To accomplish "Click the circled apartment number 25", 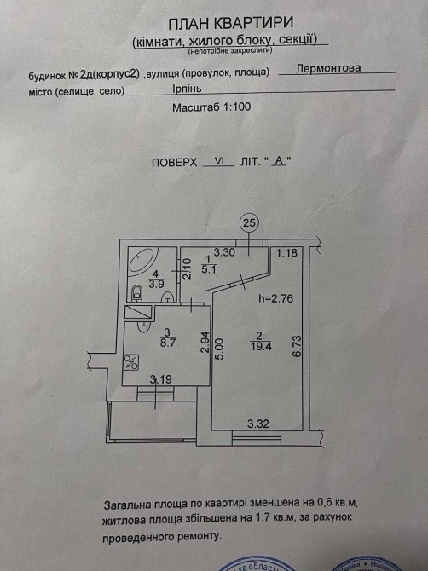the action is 249,222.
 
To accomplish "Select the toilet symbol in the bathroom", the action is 137,293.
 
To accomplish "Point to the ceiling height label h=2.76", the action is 275,298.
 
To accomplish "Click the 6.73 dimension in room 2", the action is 297,346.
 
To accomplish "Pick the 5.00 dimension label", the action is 220,349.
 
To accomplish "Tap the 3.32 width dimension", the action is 258,424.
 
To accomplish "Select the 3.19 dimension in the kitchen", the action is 161,379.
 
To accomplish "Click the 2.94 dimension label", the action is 205,342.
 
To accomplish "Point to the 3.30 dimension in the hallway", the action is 224,252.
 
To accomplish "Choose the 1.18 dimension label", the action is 286,252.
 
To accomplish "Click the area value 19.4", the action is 261,346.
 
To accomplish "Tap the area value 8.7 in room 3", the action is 167,343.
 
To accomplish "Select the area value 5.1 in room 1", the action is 208,269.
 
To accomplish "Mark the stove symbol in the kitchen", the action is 130,362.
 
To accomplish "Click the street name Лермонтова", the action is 328,68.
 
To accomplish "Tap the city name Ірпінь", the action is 187,89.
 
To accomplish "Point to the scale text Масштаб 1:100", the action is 211,107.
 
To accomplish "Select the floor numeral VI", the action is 219,161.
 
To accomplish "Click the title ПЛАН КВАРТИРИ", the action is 231,24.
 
